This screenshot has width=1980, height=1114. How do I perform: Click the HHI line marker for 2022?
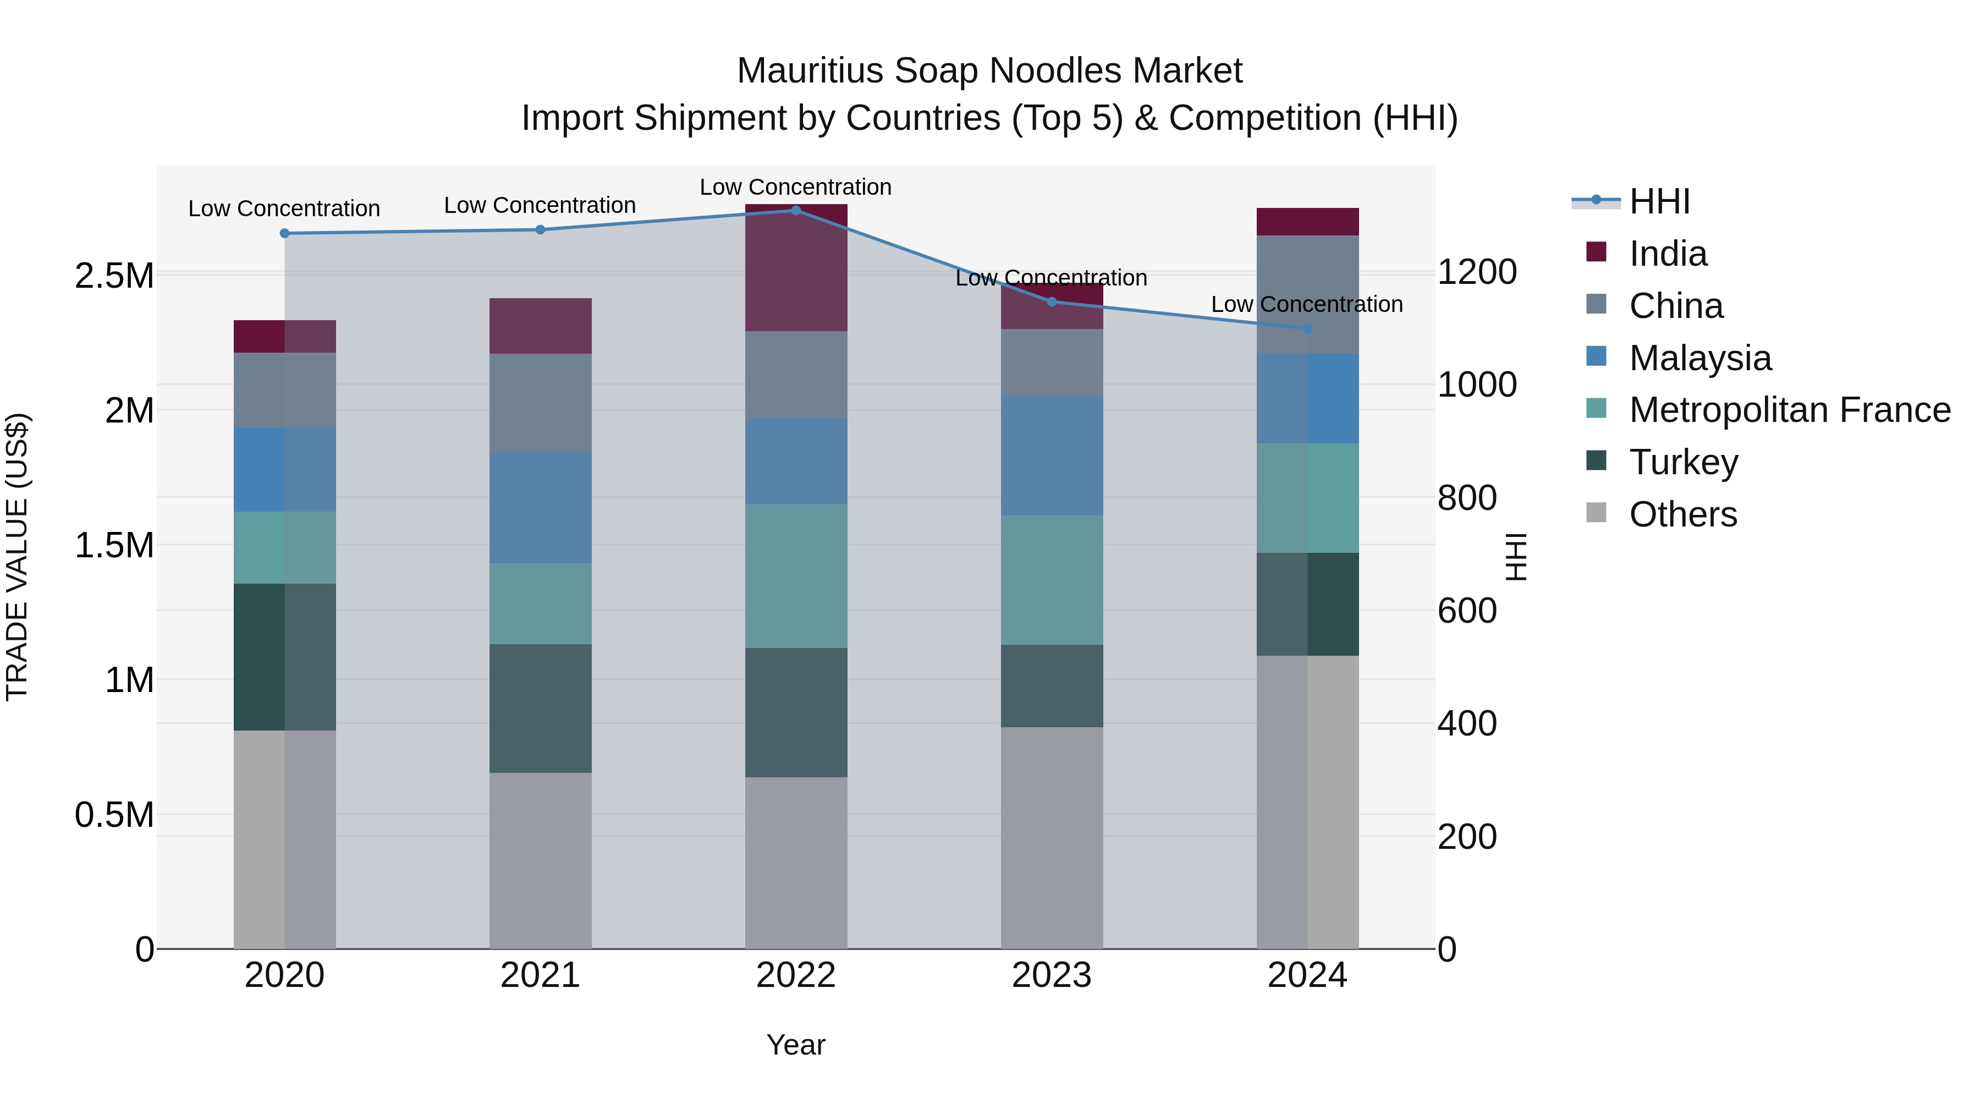tap(795, 210)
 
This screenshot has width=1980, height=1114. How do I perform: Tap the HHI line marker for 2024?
tap(1307, 329)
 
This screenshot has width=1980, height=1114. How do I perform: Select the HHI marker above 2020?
tap(284, 233)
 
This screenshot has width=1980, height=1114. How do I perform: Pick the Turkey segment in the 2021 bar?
tap(540, 708)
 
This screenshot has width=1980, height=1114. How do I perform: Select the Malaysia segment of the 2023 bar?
tap(1052, 456)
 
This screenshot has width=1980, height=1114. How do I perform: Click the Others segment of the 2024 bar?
tap(1307, 802)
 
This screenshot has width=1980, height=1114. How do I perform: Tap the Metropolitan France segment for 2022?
tap(795, 576)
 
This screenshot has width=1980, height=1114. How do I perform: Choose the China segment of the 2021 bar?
tap(540, 403)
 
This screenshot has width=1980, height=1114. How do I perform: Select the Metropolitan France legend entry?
tap(1789, 410)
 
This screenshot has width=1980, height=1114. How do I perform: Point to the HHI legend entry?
tap(1659, 201)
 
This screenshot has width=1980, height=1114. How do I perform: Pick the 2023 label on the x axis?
tap(1052, 975)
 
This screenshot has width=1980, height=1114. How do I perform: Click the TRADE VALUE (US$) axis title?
tap(18, 557)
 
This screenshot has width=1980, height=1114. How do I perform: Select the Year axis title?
tap(795, 1045)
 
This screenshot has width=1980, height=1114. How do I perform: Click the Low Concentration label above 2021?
tap(540, 205)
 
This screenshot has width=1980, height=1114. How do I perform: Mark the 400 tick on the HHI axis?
tap(1466, 723)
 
